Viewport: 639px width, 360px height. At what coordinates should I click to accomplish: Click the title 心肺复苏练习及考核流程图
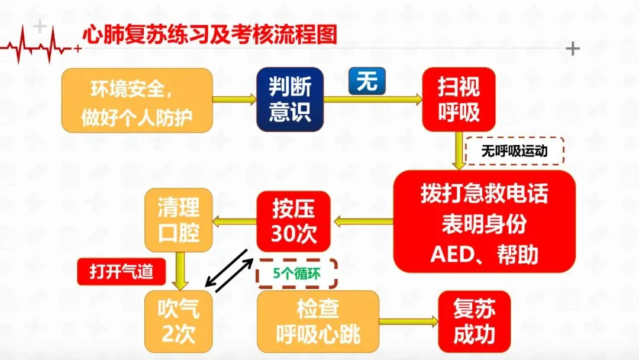(x=210, y=34)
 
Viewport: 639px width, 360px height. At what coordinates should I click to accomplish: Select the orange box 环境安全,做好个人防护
(x=137, y=99)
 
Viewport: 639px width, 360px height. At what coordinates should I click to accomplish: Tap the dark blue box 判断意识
(x=290, y=99)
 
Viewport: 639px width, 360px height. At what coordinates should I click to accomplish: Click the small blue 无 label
(x=367, y=81)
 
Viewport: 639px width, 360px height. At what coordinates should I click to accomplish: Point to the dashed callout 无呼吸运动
(x=515, y=151)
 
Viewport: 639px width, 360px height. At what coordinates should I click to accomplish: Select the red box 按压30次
(x=294, y=221)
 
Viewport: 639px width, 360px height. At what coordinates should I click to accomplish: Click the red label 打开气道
(x=121, y=272)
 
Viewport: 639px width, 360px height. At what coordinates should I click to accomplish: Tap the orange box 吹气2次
(x=179, y=321)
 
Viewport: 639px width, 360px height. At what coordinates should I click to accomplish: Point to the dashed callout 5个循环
(x=296, y=274)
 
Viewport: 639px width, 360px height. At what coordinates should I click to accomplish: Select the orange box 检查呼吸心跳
(x=318, y=321)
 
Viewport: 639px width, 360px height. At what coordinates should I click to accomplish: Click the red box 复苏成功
(x=474, y=321)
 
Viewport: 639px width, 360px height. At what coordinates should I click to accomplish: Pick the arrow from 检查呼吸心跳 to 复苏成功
(x=408, y=322)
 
